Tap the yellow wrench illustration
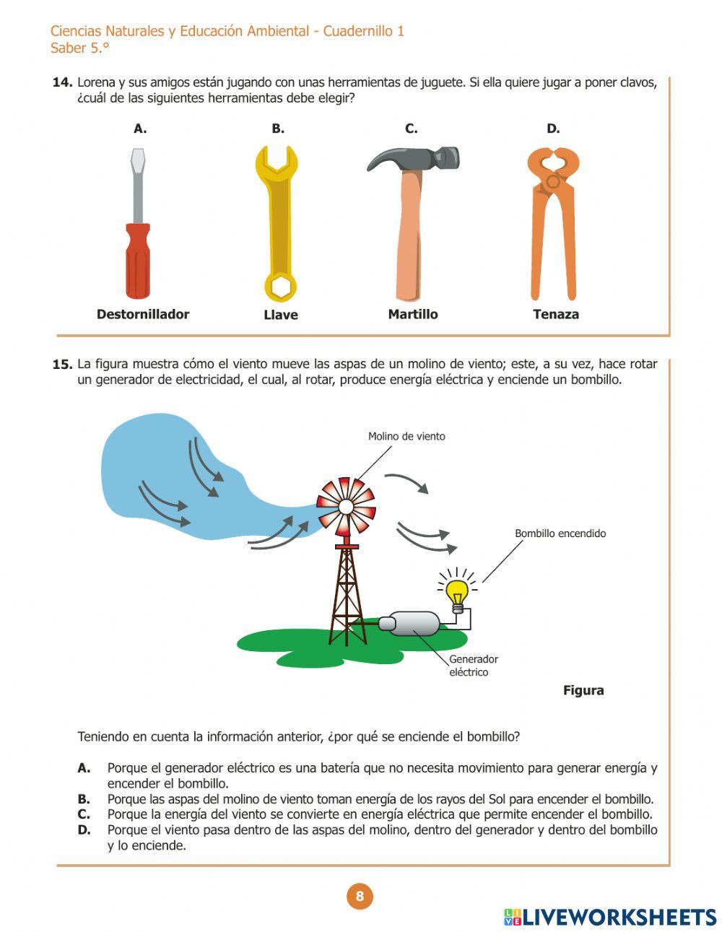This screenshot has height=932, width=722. (279, 224)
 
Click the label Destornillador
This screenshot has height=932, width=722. (143, 314)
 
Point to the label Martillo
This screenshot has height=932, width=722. (413, 314)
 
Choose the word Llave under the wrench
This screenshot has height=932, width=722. (281, 315)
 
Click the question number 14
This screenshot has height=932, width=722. (62, 82)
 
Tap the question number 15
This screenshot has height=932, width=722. (62, 365)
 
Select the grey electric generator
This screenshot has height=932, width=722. (409, 623)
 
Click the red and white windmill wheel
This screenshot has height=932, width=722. (346, 506)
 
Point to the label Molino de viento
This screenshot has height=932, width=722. (406, 436)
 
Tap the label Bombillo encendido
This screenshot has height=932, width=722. (560, 533)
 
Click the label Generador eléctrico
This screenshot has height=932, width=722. (473, 666)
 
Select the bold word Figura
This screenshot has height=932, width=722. (583, 690)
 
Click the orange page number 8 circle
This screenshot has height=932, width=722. (360, 897)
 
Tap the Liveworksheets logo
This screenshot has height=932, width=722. (610, 917)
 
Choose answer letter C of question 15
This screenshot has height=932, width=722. (84, 814)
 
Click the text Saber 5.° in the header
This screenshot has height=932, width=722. (79, 48)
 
